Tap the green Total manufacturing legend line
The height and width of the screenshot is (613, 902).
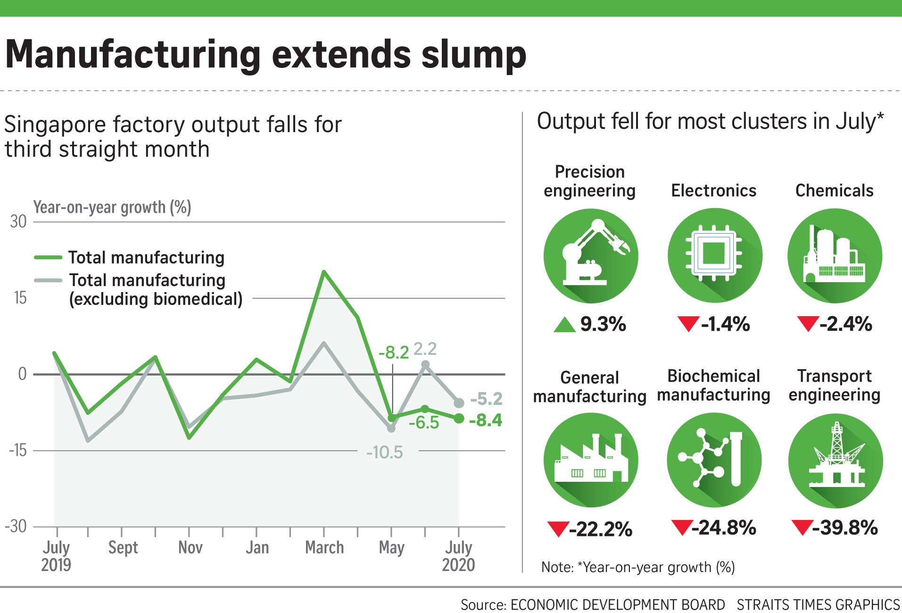click(x=48, y=257)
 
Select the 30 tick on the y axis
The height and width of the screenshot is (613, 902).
click(x=18, y=221)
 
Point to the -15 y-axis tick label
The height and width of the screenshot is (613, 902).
click(x=18, y=450)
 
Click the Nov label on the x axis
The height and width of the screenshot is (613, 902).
click(x=190, y=547)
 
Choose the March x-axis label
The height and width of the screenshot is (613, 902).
click(x=324, y=547)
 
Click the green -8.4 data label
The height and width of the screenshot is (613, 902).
click(x=486, y=420)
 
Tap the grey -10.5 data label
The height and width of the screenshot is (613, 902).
click(x=385, y=452)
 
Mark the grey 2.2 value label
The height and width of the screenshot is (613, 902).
click(x=425, y=349)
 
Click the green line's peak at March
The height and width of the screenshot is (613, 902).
click(x=324, y=272)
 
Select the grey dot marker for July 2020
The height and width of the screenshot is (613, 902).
click(x=459, y=403)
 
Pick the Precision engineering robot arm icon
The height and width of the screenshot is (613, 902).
click(x=590, y=256)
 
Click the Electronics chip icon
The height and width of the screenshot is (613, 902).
click(x=714, y=255)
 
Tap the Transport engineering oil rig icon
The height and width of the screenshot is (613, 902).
click(x=835, y=460)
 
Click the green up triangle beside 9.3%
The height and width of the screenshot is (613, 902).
click(x=564, y=325)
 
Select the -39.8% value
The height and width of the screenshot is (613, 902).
click(x=845, y=528)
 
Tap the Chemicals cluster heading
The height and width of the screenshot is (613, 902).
click(x=834, y=191)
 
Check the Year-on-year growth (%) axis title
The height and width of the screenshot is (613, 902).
click(x=112, y=207)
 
